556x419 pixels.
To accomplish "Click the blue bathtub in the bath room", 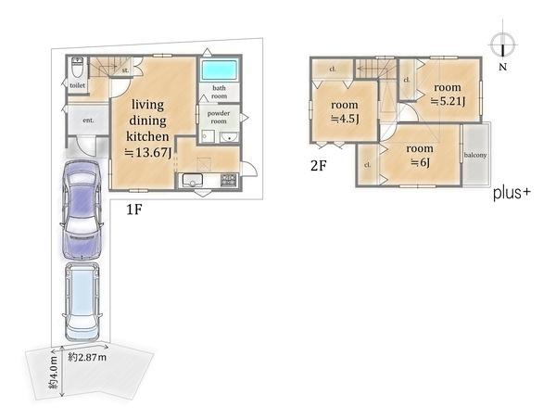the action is coord(219,70).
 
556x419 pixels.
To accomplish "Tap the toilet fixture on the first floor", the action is coord(77,68).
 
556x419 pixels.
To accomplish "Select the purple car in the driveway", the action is coord(82,209).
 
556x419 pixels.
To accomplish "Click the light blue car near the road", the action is coord(82,302).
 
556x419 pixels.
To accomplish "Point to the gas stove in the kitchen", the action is coord(229,180).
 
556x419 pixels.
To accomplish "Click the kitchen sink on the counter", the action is coord(193,180).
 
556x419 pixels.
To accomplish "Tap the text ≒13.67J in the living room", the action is coord(148,153).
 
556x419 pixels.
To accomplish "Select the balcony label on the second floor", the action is coord(475,155).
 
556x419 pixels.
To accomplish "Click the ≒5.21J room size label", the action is coord(448,101).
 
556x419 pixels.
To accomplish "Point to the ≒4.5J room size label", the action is coord(345,119).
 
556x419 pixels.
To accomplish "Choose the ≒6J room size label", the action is coord(420,162).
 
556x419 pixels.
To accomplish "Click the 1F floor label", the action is coord(134,210).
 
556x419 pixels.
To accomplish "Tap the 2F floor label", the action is coord(318,166).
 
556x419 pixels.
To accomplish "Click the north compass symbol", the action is coord(503,45).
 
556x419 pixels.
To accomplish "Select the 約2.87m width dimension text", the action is coord(87,357).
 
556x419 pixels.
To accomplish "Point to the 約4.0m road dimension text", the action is coord(53,372).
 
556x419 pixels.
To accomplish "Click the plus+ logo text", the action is coord(512,194).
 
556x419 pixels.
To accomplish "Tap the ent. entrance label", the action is coord(88,121).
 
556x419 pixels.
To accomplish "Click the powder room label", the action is coord(219,117).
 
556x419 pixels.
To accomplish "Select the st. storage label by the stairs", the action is coord(125,70).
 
